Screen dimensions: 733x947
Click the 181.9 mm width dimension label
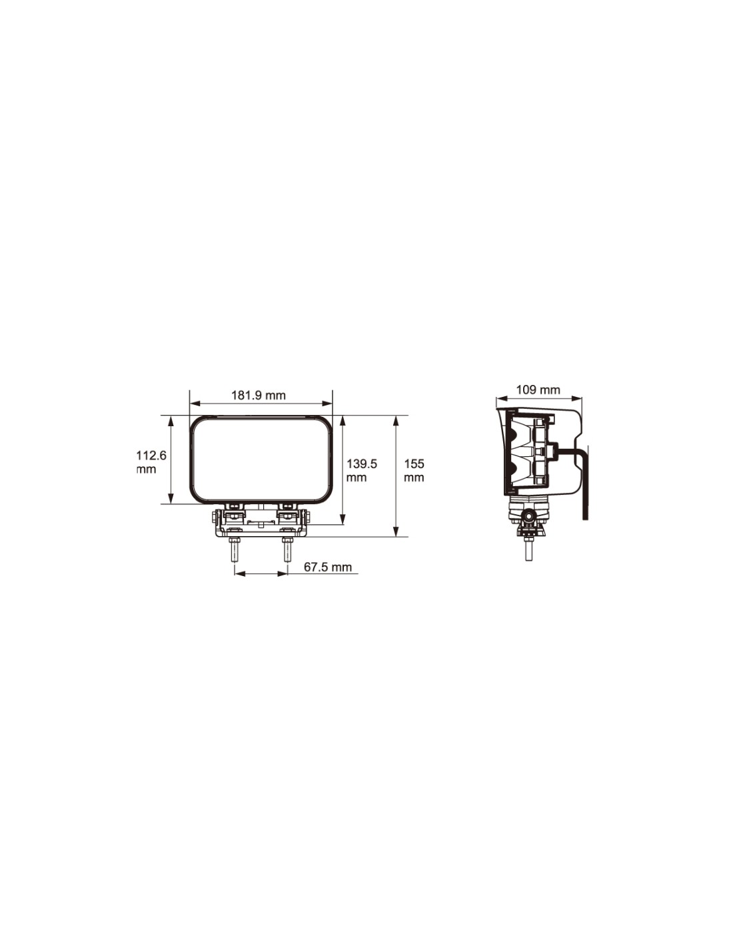tap(258, 396)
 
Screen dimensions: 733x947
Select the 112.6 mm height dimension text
tap(151, 462)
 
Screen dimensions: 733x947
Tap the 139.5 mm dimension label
tap(361, 470)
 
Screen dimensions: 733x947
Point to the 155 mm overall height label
tap(414, 470)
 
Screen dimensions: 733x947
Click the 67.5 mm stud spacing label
tap(327, 567)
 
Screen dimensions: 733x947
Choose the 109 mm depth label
tap(538, 390)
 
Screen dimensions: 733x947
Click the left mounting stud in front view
tap(235, 550)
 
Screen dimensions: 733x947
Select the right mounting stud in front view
tap(287, 550)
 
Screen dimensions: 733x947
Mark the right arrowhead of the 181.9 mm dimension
tap(327, 404)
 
